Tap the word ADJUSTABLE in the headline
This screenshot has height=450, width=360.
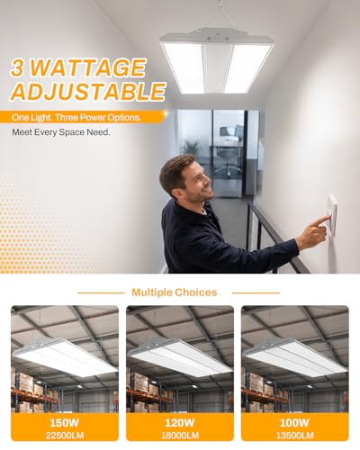tap(87, 91)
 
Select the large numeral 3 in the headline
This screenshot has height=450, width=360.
tap(18, 68)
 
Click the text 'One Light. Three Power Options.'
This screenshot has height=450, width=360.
tap(76, 118)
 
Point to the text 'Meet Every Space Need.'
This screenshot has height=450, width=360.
tap(61, 132)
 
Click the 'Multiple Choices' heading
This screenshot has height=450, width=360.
tap(175, 292)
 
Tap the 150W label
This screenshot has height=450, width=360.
tap(65, 423)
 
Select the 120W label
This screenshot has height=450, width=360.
tap(180, 423)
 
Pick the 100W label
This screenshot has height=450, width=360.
tap(294, 423)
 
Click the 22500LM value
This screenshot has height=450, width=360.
tap(65, 436)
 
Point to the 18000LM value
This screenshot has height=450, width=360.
tap(180, 436)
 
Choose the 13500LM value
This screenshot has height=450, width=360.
tap(294, 436)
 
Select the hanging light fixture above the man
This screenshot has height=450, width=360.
tap(216, 60)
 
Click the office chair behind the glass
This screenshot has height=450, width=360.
tap(229, 150)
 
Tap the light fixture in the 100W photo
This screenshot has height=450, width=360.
tap(295, 357)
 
